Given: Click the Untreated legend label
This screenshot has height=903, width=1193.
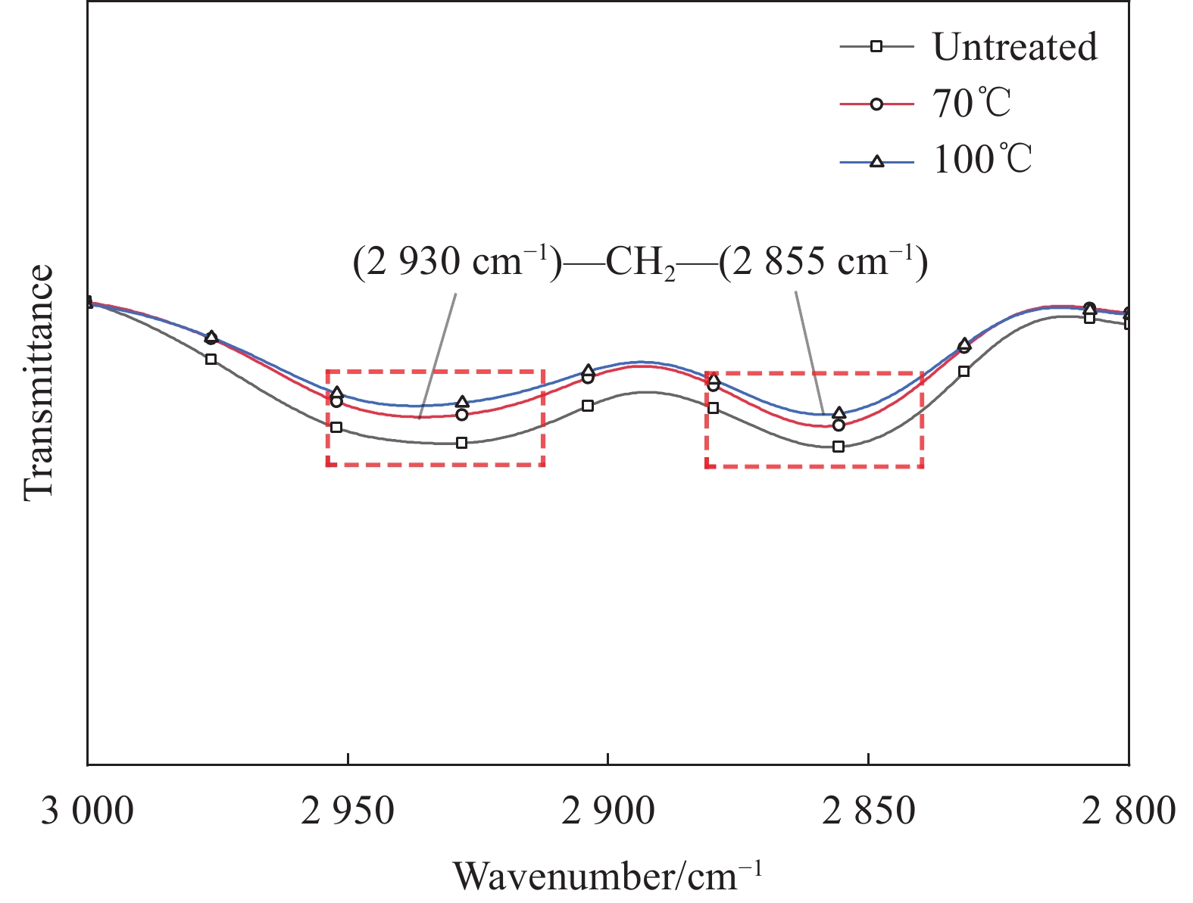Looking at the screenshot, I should tap(1014, 47).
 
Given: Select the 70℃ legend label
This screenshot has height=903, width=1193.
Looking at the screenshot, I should tap(971, 104).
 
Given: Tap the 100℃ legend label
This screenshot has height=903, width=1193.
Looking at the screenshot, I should tap(982, 160).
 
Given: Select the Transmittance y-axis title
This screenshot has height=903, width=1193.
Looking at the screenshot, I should tap(39, 382).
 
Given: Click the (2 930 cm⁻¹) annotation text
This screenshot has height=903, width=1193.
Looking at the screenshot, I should tap(458, 263).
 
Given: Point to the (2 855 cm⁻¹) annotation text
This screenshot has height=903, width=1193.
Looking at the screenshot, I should tap(823, 263).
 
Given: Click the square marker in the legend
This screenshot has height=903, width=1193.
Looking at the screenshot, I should tap(876, 47).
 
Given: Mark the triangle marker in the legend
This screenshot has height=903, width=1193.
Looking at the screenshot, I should tap(876, 160).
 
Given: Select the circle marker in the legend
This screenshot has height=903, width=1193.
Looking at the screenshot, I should tap(876, 104).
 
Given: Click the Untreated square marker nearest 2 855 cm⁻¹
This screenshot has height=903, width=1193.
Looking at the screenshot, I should tap(838, 447).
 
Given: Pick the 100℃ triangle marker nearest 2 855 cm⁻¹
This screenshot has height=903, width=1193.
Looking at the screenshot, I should tap(839, 413).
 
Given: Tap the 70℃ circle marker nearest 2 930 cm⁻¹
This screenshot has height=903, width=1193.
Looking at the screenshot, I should tap(462, 415).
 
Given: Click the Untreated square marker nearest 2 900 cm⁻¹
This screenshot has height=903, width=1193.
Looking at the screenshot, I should tap(588, 406).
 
